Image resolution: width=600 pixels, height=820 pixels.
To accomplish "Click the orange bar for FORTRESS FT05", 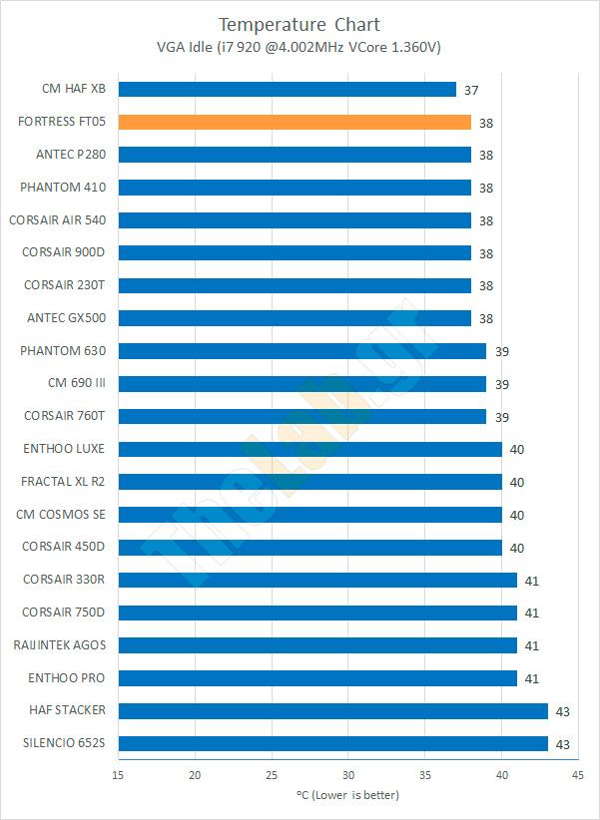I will (x=295, y=122).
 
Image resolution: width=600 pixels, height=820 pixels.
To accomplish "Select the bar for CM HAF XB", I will (x=287, y=89).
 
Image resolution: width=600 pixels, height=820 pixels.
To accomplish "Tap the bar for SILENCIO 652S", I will (x=332, y=743).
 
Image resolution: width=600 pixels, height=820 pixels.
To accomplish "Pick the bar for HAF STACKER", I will (x=332, y=710).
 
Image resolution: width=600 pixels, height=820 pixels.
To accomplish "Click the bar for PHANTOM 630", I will (x=302, y=350).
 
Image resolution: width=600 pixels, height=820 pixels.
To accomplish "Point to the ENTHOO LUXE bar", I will (x=309, y=449).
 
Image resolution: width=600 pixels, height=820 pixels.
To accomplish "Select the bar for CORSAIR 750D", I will (x=317, y=613).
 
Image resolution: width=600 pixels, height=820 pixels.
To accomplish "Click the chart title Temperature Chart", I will (x=300, y=24).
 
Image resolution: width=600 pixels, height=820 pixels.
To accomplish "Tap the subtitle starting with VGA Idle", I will (x=300, y=46).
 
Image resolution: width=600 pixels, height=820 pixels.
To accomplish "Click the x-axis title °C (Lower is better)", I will (x=347, y=795).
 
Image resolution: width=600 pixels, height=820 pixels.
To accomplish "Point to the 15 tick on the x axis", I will (x=119, y=775).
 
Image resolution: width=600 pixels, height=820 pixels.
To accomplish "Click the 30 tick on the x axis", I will (x=348, y=775).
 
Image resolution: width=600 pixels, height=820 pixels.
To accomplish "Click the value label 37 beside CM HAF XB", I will (x=471, y=90).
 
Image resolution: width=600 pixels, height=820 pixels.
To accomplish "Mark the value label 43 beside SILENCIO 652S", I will (x=563, y=744).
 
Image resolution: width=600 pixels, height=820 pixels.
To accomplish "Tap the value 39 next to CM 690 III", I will (x=501, y=384).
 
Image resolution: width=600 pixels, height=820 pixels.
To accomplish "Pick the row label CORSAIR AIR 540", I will (x=57, y=219).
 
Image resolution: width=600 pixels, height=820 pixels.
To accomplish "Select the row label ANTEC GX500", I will (x=65, y=318).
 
